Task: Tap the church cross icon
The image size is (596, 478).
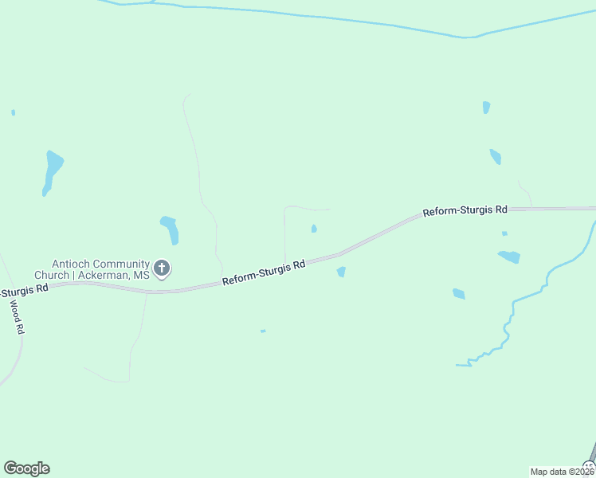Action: pos(162,268)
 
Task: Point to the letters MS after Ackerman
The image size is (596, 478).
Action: pos(141,275)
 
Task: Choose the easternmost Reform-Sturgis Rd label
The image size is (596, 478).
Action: pos(465,211)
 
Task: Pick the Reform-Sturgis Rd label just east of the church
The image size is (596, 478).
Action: pos(264,273)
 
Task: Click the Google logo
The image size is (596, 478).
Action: pos(26,468)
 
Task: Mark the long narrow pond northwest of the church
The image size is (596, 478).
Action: pos(52,171)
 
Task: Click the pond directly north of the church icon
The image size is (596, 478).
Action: pos(170,229)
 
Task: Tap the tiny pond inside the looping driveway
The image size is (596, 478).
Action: pos(314,229)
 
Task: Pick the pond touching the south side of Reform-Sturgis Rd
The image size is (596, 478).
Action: pos(341,272)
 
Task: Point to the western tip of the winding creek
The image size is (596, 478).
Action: pos(458,365)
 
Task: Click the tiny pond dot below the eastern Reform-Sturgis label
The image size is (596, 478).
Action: pos(504,233)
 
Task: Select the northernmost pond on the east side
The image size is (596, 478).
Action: pos(486,107)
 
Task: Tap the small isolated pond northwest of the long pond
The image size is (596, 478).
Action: pos(14,112)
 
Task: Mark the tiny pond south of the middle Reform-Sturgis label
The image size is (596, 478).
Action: pos(263,331)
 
